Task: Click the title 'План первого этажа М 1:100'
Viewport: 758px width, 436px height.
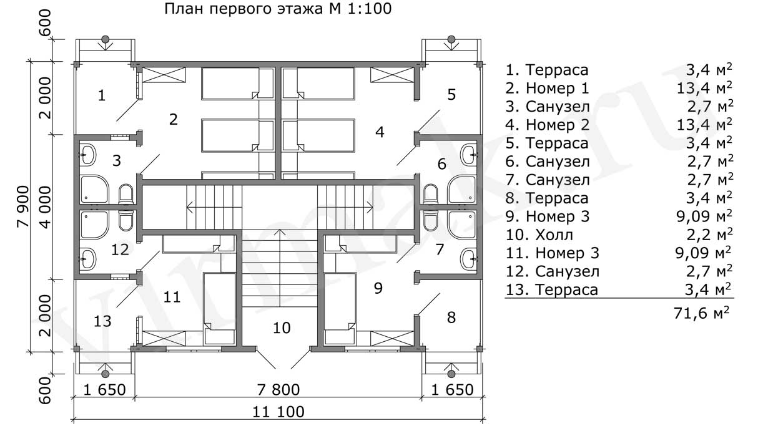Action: (278, 9)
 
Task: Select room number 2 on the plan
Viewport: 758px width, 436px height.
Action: (174, 119)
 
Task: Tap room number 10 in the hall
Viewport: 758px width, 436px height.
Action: (282, 327)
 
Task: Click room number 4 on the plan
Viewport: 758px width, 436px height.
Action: (379, 132)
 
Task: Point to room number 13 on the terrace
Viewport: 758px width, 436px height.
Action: (103, 321)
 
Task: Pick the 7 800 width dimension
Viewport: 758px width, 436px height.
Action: (278, 390)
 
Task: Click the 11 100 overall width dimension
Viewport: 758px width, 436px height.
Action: (278, 412)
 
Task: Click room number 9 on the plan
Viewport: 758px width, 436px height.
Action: (378, 288)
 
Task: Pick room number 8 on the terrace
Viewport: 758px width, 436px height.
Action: (451, 317)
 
